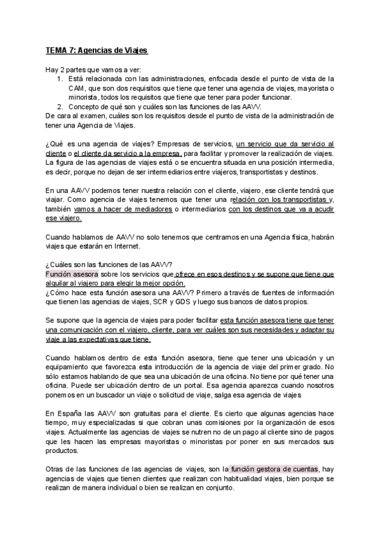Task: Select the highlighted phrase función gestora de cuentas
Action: click(274, 469)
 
